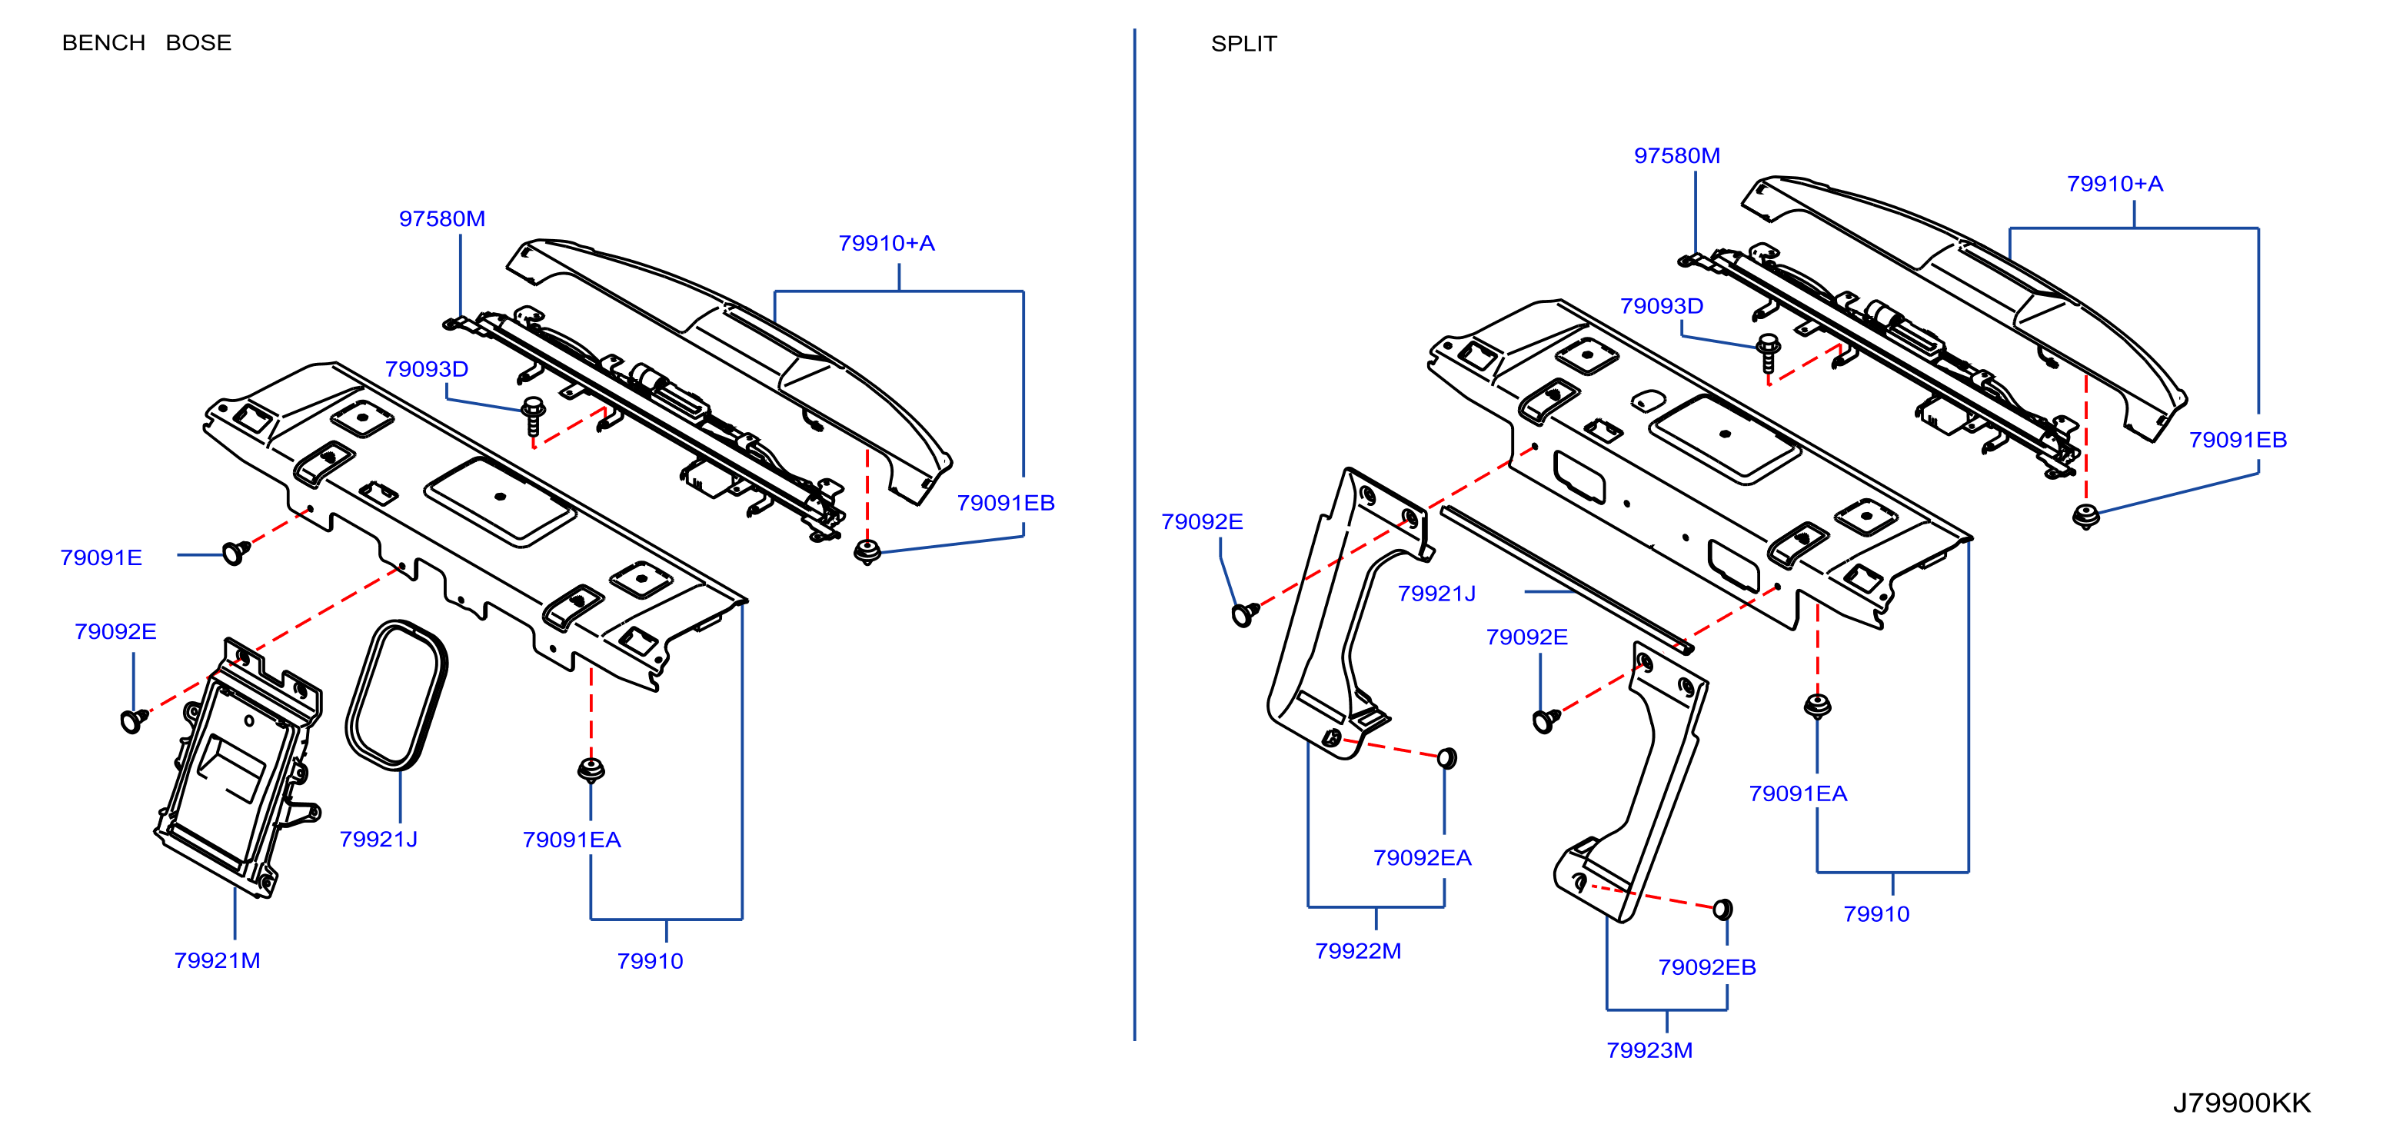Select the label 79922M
(x=1357, y=950)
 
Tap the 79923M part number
(x=1649, y=1050)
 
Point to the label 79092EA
(x=1422, y=857)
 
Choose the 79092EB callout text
(x=1706, y=967)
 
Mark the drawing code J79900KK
(x=2242, y=1103)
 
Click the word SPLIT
(x=1243, y=44)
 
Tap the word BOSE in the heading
(x=198, y=43)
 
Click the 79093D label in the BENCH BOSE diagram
(x=426, y=368)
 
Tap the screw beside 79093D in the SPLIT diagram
(x=1767, y=354)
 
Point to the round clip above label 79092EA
(x=1447, y=757)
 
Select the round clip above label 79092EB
(x=1724, y=909)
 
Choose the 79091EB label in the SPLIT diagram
(x=2238, y=440)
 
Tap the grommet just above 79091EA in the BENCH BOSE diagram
(x=591, y=770)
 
